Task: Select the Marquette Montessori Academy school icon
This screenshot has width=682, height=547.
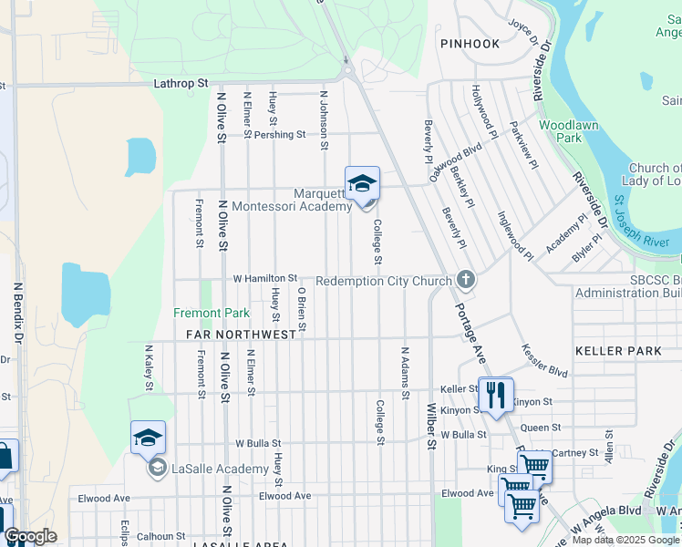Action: point(362,183)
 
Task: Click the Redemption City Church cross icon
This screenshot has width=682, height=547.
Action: point(465,279)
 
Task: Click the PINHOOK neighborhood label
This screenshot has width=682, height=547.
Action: point(470,44)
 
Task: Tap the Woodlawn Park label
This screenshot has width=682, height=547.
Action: point(560,130)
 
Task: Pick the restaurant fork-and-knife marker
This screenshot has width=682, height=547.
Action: point(495,394)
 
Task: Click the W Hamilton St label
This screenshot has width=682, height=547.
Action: point(265,278)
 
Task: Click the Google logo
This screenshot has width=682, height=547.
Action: point(30,536)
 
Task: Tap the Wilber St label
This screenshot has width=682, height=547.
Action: point(431,427)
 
